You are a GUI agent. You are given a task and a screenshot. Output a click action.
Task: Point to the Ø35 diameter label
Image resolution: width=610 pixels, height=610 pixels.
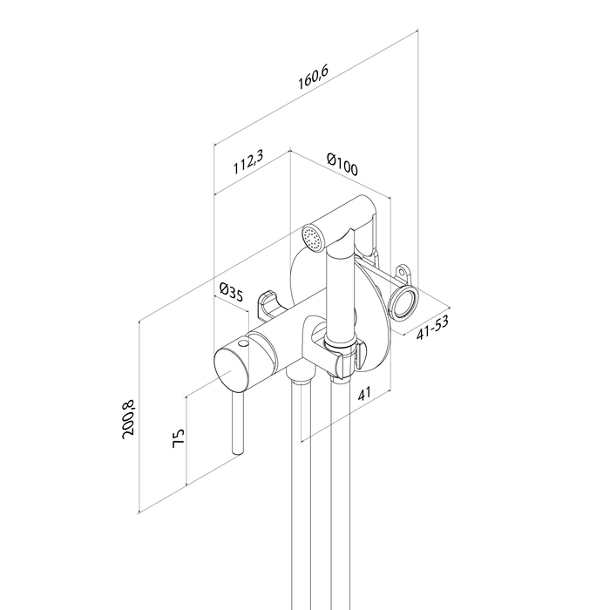[230, 292]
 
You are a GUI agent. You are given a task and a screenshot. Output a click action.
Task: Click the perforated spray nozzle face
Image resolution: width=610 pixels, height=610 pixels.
[311, 236]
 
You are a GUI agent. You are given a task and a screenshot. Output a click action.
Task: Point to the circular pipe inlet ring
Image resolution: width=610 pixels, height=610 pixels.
[403, 303]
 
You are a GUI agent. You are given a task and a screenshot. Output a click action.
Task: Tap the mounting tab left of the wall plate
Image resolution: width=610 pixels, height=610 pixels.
[267, 303]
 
